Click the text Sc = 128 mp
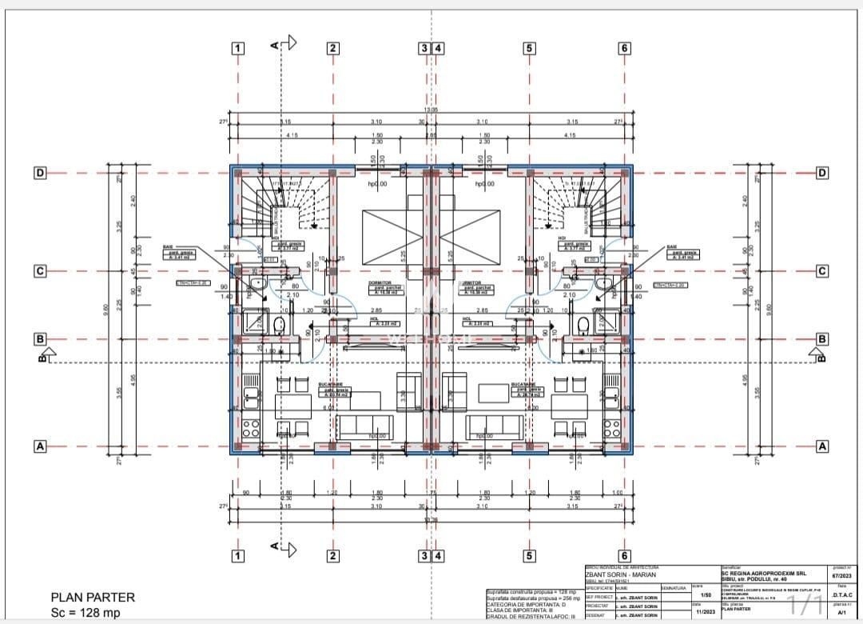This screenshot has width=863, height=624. [x=86, y=613]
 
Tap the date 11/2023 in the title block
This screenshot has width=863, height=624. [x=705, y=612]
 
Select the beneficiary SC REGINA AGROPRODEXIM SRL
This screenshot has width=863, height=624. [x=763, y=573]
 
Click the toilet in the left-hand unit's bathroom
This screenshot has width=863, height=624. [x=279, y=324]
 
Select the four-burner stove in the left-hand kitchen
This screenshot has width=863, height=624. [x=252, y=428]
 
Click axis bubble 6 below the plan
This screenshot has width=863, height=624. [x=625, y=556]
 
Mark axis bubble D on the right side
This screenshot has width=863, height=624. [x=821, y=173]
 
